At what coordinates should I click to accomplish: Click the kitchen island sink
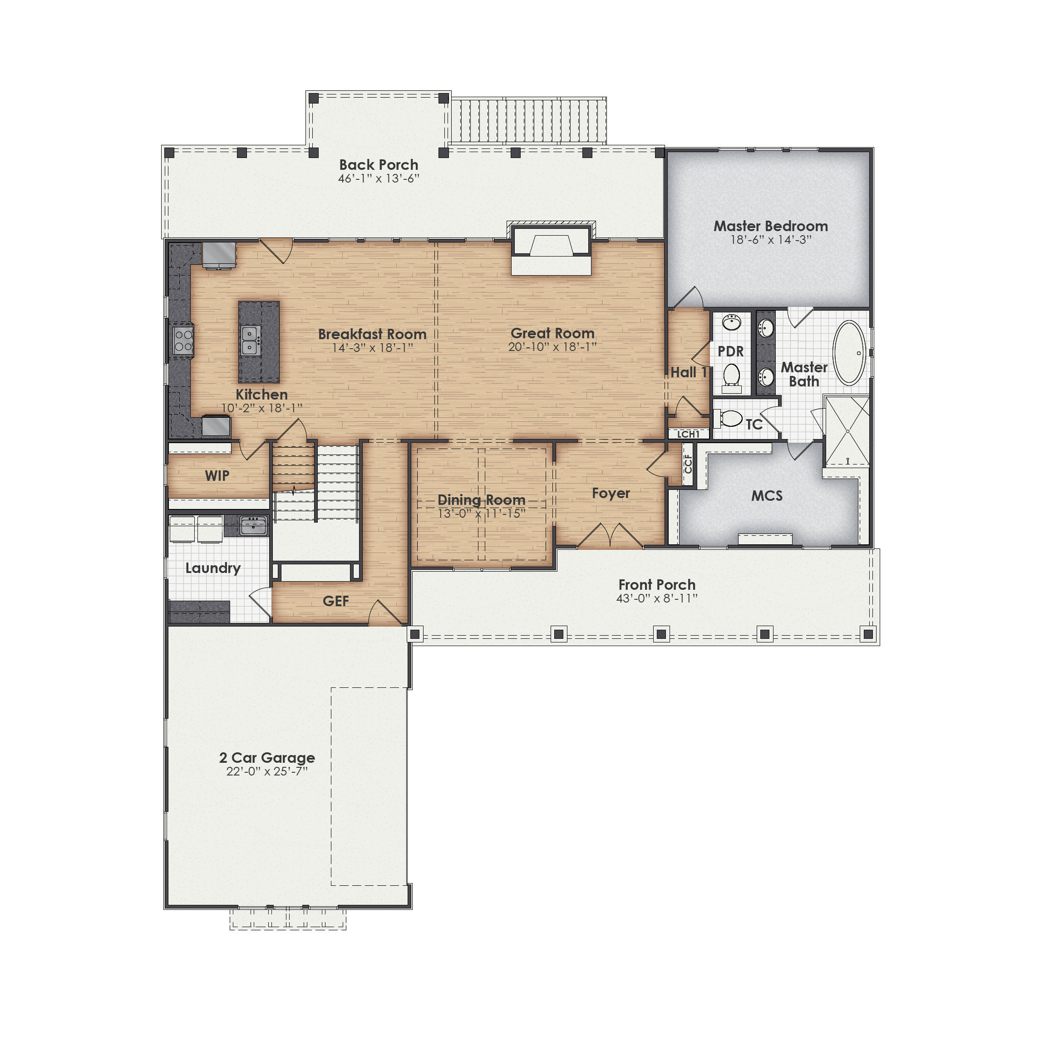tap(250, 341)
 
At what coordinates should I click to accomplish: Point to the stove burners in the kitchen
tap(183, 340)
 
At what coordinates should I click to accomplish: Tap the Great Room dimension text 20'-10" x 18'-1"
tap(552, 347)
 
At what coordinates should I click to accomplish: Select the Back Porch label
tap(379, 164)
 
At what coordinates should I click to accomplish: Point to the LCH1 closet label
tap(688, 434)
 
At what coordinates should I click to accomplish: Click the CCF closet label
tap(688, 464)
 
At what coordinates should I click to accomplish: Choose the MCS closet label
tap(767, 496)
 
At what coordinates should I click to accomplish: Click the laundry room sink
tap(253, 526)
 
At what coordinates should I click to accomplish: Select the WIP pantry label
tap(217, 475)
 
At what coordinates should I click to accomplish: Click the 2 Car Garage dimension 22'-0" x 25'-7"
tap(267, 772)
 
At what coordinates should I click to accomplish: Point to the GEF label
tap(335, 601)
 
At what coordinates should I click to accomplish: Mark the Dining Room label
tap(481, 499)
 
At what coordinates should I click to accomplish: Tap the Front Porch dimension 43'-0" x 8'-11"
tap(657, 598)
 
